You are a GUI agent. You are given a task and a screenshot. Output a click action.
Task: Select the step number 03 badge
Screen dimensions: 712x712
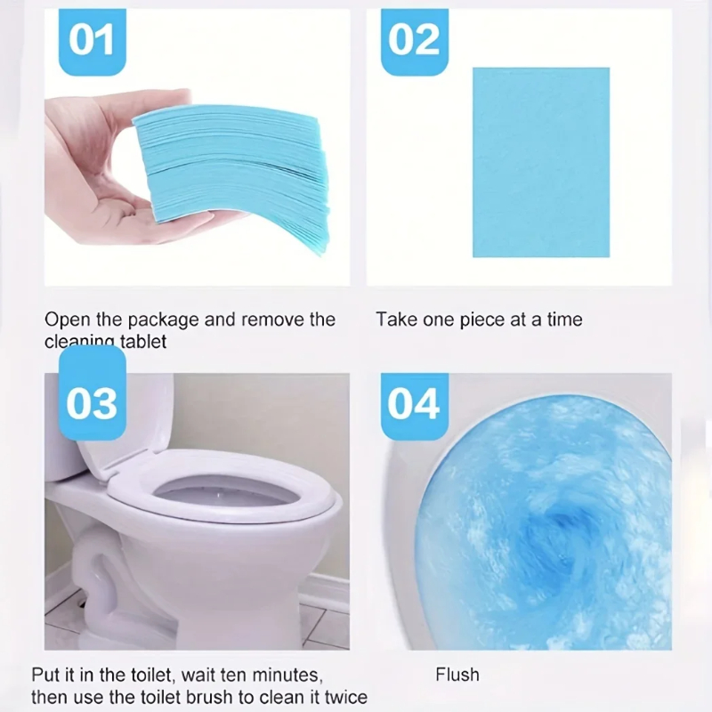coord(92,403)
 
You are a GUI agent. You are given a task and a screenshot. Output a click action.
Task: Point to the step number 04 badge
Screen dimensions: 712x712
coord(414,403)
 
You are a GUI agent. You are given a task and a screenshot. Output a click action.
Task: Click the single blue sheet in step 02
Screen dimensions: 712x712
coord(540,162)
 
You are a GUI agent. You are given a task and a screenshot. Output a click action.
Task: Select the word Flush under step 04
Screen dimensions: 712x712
coord(457,675)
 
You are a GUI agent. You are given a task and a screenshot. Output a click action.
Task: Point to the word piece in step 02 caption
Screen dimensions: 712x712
coord(481,320)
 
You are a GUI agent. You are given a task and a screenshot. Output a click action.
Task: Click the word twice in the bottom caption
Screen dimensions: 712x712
coord(344,697)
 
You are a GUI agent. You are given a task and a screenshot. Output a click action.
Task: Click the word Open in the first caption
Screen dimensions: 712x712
coord(63,320)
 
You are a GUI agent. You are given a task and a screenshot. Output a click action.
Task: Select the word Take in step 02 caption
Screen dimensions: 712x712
coord(394,320)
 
